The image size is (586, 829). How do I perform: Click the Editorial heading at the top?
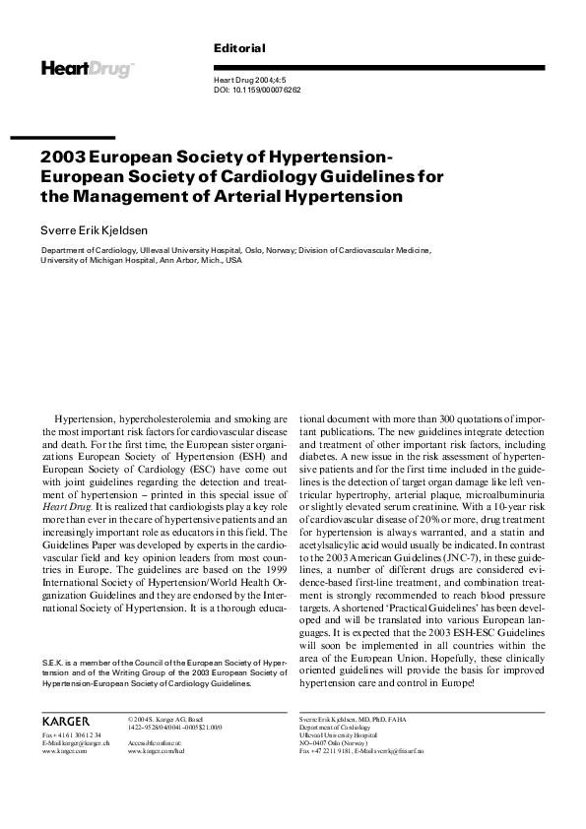click(239, 48)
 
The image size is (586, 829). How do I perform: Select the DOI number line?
click(257, 90)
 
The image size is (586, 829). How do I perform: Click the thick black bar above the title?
click(78, 137)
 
